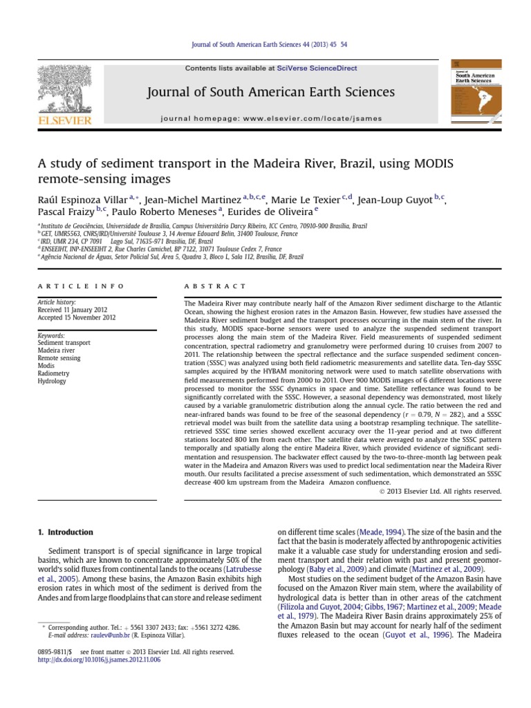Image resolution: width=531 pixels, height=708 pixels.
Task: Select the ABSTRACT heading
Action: pyautogui.click(x=214, y=285)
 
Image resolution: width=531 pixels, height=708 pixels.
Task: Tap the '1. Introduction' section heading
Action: pyautogui.click(x=64, y=532)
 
